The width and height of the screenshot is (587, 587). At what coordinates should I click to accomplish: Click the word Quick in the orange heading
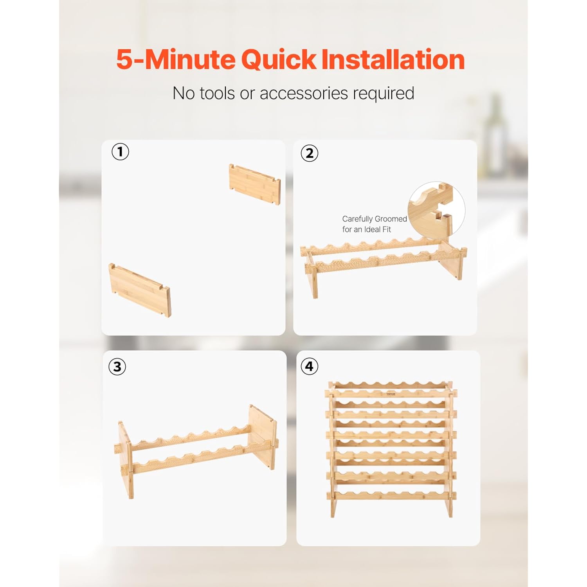278,60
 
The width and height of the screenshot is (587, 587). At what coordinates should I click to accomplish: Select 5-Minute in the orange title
176,59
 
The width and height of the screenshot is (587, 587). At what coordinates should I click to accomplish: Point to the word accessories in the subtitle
304,94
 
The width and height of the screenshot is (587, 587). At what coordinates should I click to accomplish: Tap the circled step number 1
120,151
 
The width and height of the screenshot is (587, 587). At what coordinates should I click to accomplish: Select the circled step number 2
309,153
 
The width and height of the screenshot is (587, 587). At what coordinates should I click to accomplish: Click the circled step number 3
117,367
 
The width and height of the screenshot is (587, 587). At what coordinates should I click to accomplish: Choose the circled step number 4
309,366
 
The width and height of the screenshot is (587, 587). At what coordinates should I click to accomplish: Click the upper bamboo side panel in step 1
255,184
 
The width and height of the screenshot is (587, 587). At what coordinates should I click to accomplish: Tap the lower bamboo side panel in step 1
140,290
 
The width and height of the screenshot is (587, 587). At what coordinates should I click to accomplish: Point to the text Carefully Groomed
375,219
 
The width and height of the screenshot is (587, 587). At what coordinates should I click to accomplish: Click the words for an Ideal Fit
366,229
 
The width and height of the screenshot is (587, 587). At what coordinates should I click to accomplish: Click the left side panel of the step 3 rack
126,460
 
